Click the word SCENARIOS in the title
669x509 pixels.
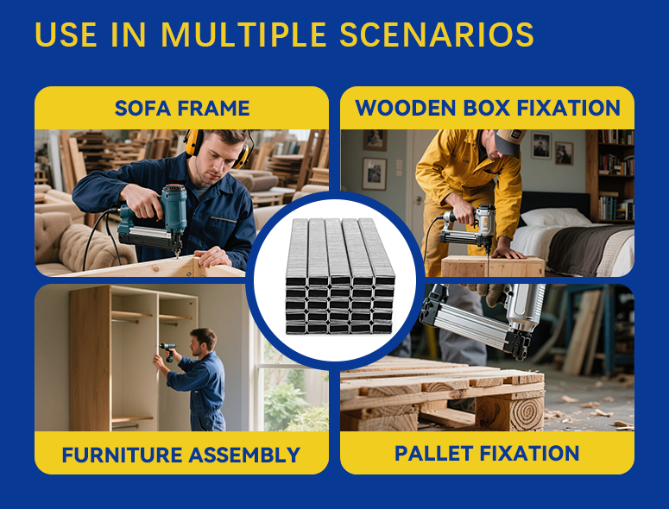tap(437, 35)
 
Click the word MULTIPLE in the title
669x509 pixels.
tap(243, 35)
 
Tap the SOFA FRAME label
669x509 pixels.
tap(182, 109)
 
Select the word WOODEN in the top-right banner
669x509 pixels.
tap(406, 108)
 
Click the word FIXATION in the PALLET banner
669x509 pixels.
tap(529, 453)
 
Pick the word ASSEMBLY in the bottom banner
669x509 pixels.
tap(244, 455)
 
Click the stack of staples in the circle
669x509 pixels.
tap(340, 276)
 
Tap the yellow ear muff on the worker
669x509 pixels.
tap(192, 142)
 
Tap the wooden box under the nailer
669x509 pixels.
tap(493, 267)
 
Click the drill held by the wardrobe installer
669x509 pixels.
tap(168, 350)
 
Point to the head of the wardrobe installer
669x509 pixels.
tap(202, 342)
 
